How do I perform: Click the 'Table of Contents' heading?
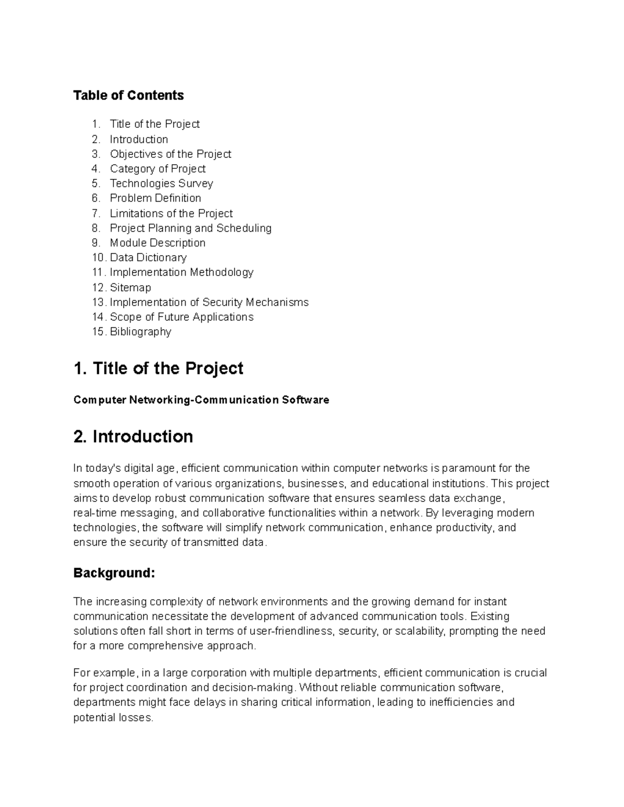click(128, 96)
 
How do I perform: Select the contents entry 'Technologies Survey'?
click(161, 183)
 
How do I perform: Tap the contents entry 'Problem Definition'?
click(155, 198)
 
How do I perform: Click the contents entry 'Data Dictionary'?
click(148, 258)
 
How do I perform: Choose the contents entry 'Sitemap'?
click(130, 287)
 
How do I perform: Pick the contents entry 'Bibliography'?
click(140, 332)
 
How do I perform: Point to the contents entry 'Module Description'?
click(158, 243)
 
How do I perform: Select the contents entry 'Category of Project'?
click(158, 169)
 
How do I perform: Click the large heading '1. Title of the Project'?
click(159, 368)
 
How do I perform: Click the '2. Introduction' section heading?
click(133, 436)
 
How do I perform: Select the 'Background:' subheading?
click(114, 573)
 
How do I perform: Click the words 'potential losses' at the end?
click(113, 718)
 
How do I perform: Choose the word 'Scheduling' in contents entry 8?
click(244, 228)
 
